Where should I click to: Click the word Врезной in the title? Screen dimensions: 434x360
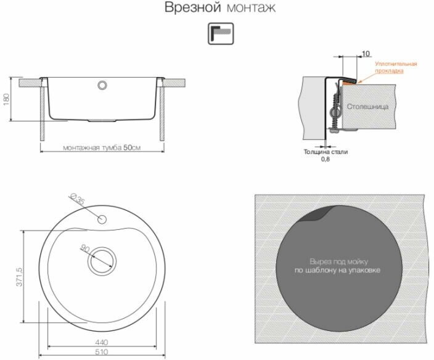192,7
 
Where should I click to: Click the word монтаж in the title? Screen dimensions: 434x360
251,8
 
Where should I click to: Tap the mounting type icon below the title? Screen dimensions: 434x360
221,34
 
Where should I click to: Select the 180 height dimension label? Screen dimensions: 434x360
6,99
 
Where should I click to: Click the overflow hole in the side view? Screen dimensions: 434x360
102,85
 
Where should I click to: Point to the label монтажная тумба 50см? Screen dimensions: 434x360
102,147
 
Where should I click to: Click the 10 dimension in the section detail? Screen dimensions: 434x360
366,54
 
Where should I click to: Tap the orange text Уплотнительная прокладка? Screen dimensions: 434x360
396,67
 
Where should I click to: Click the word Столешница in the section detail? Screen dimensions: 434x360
367,107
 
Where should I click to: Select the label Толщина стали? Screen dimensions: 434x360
325,152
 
